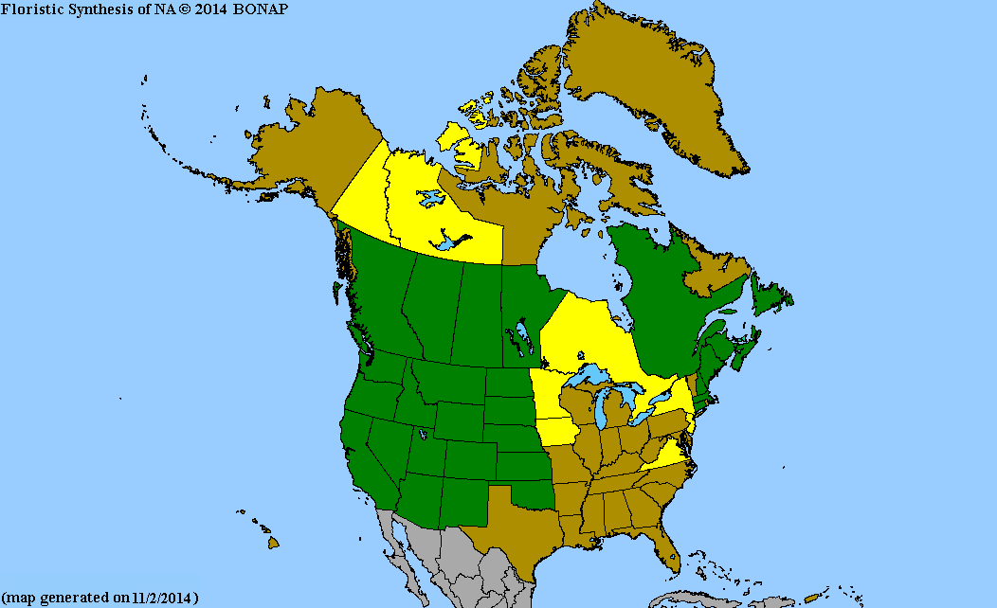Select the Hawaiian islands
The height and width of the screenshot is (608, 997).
click(x=270, y=540)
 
